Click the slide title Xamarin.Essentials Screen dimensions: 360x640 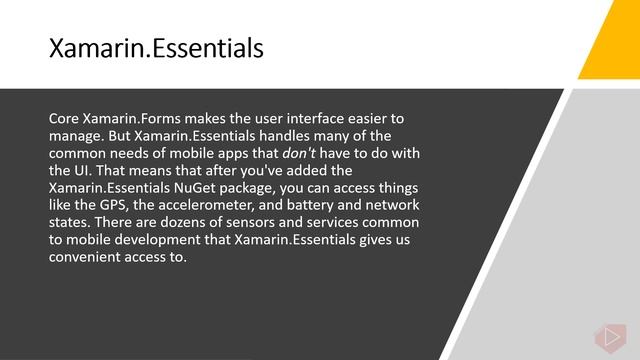tap(156, 47)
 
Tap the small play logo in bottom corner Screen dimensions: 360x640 tap(607, 336)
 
